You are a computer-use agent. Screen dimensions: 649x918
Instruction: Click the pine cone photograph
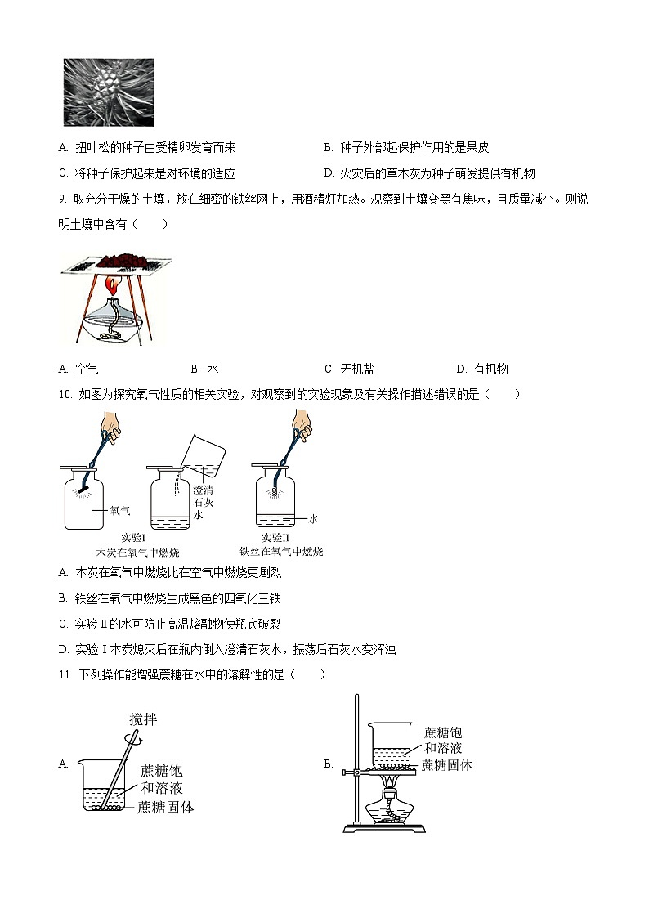(x=108, y=92)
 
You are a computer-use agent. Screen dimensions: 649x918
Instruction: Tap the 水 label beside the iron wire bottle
(x=312, y=518)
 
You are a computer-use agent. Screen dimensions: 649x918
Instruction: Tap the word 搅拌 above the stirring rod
(x=142, y=720)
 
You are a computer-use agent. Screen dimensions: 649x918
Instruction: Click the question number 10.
(x=65, y=394)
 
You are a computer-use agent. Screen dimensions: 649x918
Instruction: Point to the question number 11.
(x=65, y=674)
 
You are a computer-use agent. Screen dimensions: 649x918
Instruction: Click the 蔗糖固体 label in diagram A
(x=166, y=807)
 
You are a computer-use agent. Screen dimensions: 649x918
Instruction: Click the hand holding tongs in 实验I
(x=111, y=426)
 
